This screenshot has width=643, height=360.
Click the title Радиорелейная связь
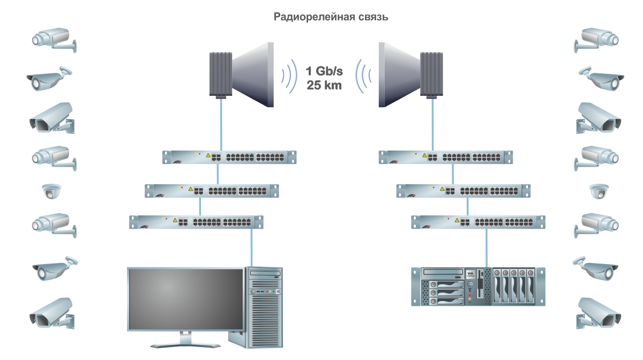click(331, 17)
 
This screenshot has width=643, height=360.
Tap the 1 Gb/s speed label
click(324, 71)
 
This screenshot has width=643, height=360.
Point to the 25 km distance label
click(324, 85)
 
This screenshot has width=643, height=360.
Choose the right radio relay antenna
click(410, 73)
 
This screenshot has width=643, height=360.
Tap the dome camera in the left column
click(53, 191)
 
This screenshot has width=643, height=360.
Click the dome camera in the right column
click(599, 191)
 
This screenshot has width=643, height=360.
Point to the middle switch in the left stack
click(212, 190)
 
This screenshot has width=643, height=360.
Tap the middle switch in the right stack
click(463, 190)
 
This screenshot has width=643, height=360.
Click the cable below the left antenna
click(220, 123)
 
